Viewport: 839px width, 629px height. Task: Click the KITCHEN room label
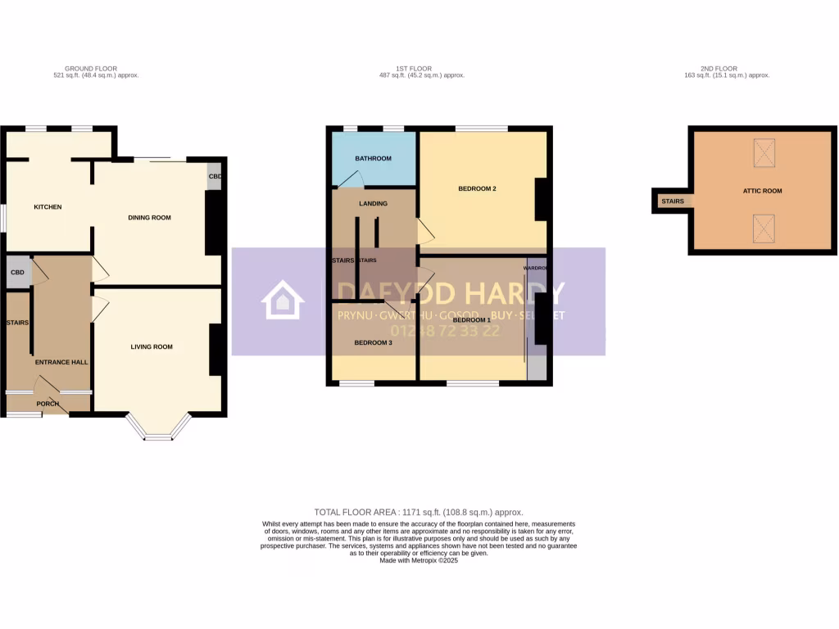48,207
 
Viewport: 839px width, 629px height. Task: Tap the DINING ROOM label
149,218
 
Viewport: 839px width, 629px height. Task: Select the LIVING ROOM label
152,347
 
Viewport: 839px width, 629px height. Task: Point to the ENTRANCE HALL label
61,362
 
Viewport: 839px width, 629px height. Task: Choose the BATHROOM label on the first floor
373,159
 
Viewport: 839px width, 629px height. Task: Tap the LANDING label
373,204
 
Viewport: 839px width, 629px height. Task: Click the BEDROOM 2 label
477,189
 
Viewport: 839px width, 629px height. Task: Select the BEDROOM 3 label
373,342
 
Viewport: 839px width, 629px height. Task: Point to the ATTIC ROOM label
761,191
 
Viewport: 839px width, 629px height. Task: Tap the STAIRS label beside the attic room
672,201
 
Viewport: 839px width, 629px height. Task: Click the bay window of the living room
159,429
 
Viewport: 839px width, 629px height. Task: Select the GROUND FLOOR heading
90,69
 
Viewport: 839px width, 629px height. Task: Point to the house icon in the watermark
282,301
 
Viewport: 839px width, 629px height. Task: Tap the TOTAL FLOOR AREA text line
418,512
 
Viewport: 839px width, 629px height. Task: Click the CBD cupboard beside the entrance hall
16,272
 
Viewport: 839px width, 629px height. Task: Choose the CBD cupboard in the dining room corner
214,178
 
